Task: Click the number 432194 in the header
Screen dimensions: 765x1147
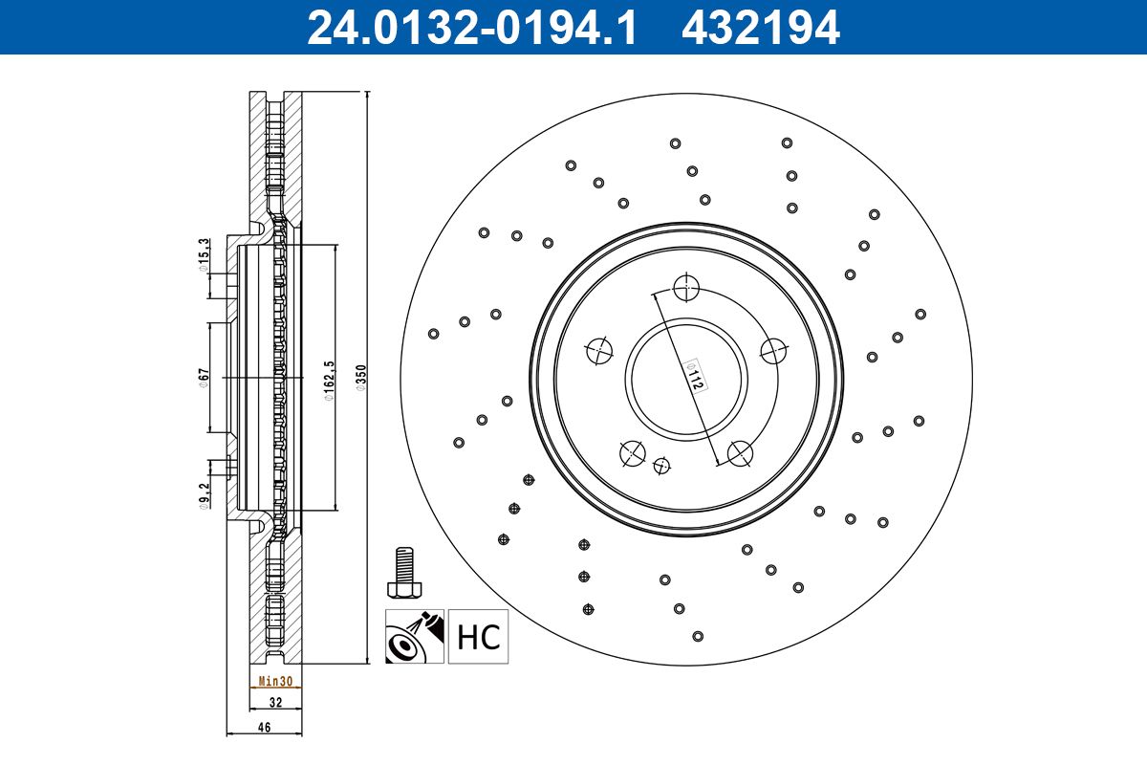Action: (x=760, y=27)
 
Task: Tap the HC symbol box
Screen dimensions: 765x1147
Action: (x=479, y=637)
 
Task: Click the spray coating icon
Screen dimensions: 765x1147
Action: (x=415, y=637)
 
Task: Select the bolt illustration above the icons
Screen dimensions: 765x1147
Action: (x=402, y=572)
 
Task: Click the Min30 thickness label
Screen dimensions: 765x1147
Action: (x=275, y=682)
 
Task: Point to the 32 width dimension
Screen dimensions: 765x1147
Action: (x=275, y=702)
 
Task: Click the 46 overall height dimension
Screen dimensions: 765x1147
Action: (x=265, y=727)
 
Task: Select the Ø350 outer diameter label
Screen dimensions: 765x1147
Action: (x=360, y=377)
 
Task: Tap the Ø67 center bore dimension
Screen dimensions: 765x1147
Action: (x=204, y=378)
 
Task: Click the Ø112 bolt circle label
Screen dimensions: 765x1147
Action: (x=697, y=376)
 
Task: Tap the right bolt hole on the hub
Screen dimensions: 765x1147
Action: (x=774, y=350)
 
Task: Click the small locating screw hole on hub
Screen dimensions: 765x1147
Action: (x=661, y=466)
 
